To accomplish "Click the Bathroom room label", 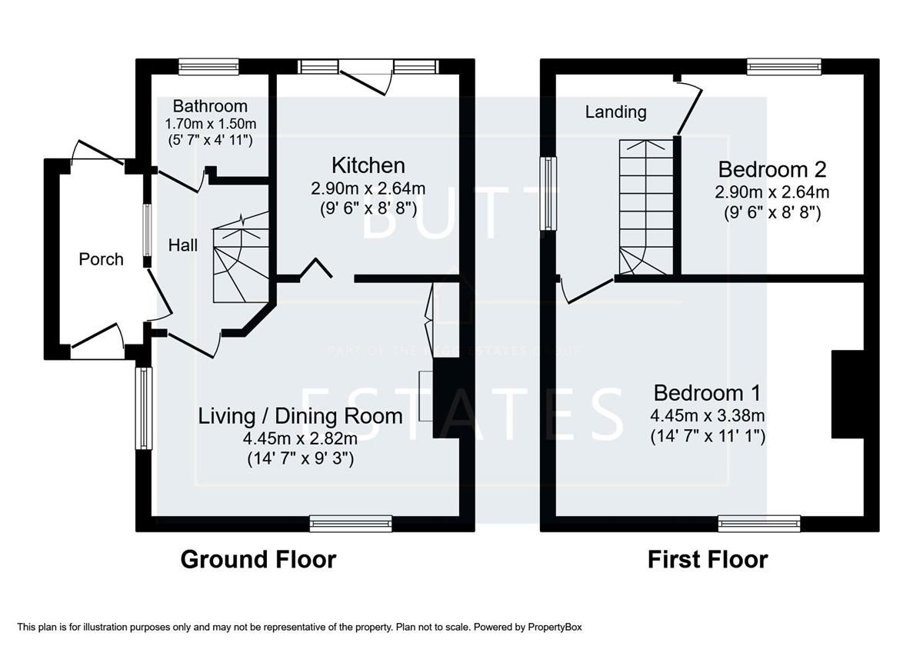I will (210, 106).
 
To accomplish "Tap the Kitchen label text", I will (368, 165).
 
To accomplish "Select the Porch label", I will (101, 259).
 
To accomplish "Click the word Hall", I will (183, 245).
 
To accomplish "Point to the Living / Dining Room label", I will (300, 416).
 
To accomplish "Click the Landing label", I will (615, 112).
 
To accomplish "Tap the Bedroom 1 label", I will (707, 393).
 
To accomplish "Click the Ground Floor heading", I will (258, 559).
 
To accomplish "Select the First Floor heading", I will (707, 559).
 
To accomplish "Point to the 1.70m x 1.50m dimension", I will (210, 123).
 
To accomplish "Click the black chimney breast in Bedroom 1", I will (847, 394).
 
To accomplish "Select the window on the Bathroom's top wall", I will (208, 67).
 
